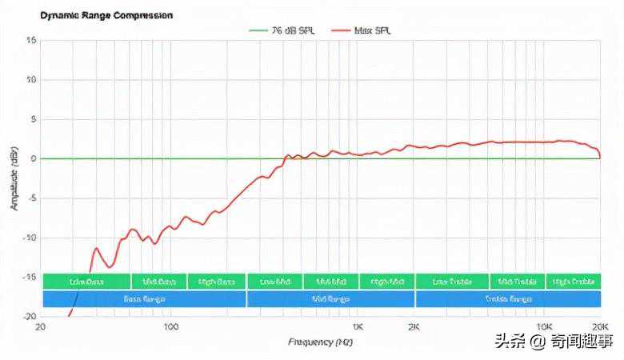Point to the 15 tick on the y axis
coord(31,41)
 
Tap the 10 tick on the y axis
coord(31,80)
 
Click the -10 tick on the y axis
coord(30,238)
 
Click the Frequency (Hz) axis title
coord(320,342)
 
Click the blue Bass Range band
coord(144,299)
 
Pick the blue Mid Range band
coord(330,299)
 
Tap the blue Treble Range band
coord(508,299)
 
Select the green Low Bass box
coord(86,282)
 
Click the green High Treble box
coord(573,282)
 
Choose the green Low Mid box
coord(275,282)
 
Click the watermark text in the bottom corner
coord(553,342)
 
